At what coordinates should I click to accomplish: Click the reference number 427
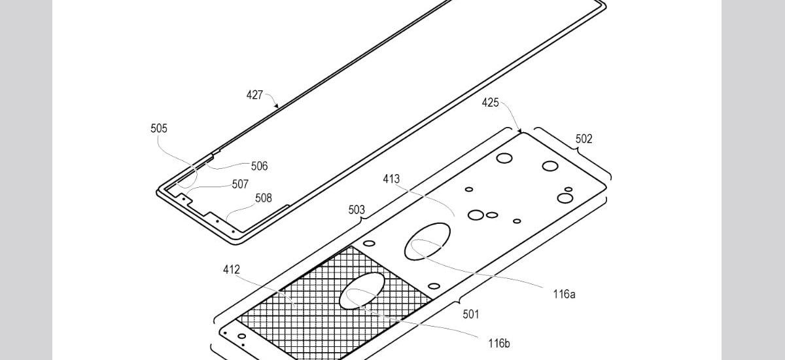(x=254, y=95)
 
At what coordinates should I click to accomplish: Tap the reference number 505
(x=159, y=128)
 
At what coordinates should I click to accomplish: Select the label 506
(x=259, y=166)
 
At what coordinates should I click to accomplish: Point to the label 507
(x=240, y=184)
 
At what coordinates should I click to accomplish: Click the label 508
(x=264, y=198)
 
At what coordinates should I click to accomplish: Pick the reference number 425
(x=491, y=102)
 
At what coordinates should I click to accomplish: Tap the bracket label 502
(x=584, y=139)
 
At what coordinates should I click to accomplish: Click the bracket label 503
(x=357, y=209)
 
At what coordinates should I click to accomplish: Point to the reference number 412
(x=232, y=269)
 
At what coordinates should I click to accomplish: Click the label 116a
(x=563, y=294)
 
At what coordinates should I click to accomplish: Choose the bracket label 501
(x=470, y=314)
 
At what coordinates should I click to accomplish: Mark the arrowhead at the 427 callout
(x=275, y=105)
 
